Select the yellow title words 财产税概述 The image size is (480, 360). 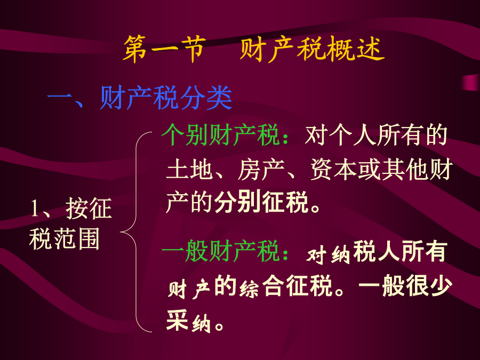(x=312, y=49)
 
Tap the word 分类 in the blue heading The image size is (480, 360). (x=206, y=98)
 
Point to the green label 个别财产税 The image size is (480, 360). (x=220, y=134)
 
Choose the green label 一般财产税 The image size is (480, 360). (x=220, y=251)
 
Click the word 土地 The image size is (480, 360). (x=189, y=169)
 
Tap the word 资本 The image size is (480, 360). (x=334, y=169)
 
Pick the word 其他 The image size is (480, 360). (x=406, y=169)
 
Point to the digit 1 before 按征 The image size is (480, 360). (x=35, y=209)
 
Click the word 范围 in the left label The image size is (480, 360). (x=77, y=238)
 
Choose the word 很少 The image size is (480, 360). (x=428, y=286)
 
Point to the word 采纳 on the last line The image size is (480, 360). (x=189, y=321)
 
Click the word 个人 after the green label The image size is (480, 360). (x=353, y=135)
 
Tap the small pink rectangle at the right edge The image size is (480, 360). (x=471, y=82)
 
